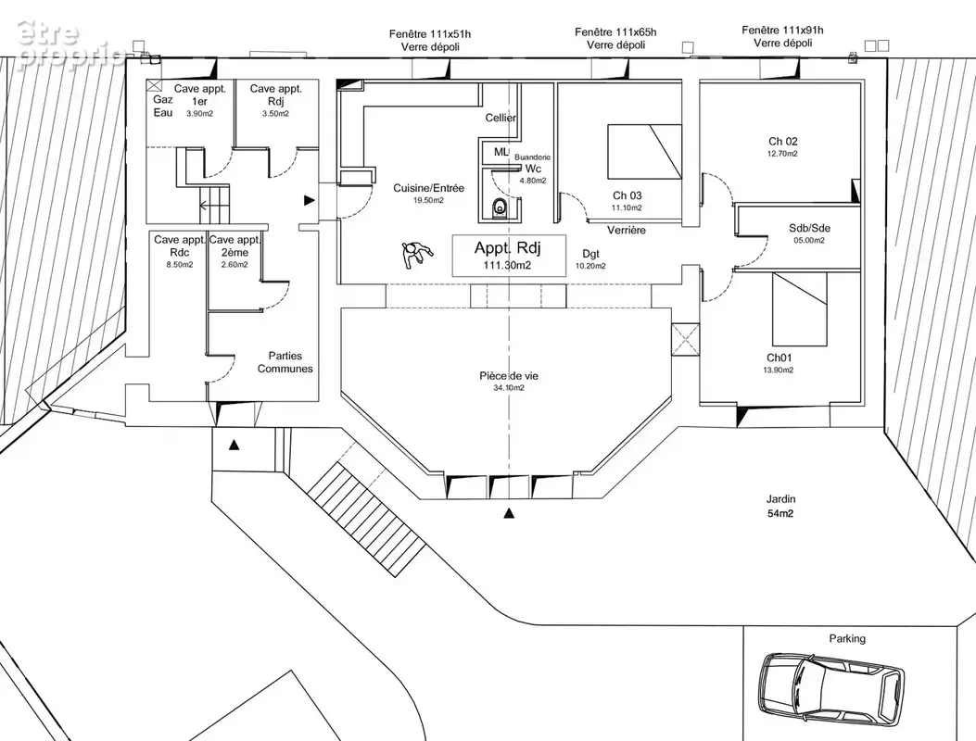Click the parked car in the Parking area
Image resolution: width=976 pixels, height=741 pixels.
tap(832, 689)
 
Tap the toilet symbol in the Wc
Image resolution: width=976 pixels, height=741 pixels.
tap(500, 207)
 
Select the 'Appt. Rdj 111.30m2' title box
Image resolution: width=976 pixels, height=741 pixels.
tap(509, 255)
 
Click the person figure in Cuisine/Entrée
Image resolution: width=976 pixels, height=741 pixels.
tap(416, 254)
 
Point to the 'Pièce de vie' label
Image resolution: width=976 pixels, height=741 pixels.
tap(509, 376)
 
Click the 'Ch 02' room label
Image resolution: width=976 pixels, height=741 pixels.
tap(782, 141)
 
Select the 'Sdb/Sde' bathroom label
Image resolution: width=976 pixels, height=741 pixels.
tap(809, 229)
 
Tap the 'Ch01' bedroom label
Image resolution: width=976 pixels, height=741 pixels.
tap(779, 358)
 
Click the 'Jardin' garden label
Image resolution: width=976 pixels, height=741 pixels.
tap(780, 499)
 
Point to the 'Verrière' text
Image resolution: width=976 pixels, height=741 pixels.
tap(627, 231)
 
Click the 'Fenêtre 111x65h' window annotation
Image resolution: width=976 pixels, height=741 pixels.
tap(615, 32)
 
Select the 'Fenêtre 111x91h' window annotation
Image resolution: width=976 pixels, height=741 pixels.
tap(782, 30)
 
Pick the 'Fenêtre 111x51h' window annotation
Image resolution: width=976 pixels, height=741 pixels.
tap(430, 34)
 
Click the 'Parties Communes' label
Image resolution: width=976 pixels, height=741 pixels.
tap(285, 362)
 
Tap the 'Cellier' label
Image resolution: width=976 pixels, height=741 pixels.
tap(501, 118)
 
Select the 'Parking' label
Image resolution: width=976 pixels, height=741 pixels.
tap(846, 638)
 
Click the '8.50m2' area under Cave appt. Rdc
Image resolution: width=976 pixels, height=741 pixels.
tap(179, 264)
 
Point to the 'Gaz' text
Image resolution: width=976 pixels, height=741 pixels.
tap(163, 99)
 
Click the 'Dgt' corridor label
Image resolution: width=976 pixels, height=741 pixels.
tap(590, 254)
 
